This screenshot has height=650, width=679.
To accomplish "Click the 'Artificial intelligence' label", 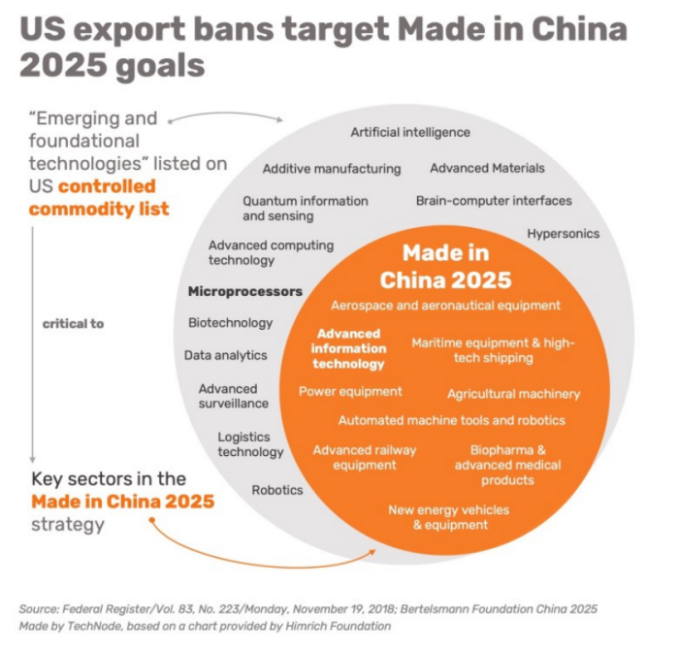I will click(x=410, y=132).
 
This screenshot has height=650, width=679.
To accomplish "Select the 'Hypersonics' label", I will click(x=564, y=234).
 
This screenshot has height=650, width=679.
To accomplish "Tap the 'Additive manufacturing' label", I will click(x=332, y=168).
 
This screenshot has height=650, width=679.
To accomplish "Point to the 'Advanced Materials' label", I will click(x=487, y=168).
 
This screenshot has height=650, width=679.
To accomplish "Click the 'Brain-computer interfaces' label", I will click(x=494, y=201).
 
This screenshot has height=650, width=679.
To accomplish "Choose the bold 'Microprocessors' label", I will click(x=245, y=290).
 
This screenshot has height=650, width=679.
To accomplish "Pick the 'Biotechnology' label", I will click(x=230, y=322).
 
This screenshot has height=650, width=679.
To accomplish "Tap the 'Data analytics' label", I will click(x=225, y=355).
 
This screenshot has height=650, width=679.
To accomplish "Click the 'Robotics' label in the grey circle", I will click(x=277, y=490).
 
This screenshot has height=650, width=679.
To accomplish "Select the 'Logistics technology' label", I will click(x=250, y=444).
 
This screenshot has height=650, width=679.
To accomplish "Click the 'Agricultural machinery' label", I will click(x=513, y=394).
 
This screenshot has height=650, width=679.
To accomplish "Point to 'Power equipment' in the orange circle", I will click(x=350, y=391).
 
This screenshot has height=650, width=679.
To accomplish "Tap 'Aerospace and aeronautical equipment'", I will click(x=445, y=305).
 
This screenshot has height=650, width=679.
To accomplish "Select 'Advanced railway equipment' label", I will click(x=351, y=457).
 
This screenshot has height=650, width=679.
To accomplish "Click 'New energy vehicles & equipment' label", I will click(x=448, y=517).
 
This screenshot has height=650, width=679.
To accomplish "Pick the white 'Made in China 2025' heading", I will click(x=445, y=267).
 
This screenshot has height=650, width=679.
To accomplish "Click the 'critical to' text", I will click(x=73, y=323).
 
